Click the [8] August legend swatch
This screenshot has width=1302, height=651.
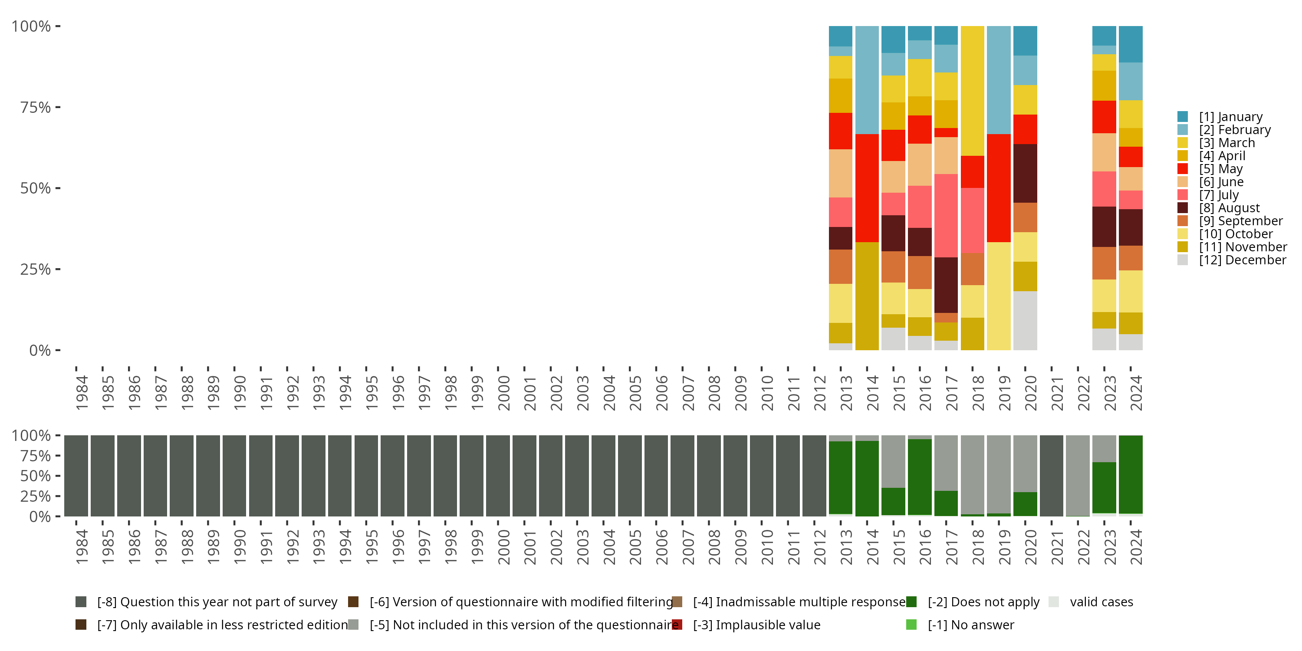[x=1182, y=208]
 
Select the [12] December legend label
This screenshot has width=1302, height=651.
[x=1243, y=260]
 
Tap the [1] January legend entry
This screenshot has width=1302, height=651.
[x=1230, y=117]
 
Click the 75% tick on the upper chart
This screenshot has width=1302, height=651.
[x=36, y=107]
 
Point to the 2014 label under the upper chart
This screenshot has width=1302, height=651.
[x=873, y=393]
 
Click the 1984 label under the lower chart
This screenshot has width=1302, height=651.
[x=82, y=547]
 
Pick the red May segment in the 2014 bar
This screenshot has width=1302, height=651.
[x=867, y=188]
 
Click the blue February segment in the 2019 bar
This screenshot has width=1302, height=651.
[x=999, y=80]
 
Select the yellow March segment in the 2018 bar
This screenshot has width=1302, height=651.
[x=973, y=91]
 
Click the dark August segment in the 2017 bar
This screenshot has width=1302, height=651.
[x=946, y=285]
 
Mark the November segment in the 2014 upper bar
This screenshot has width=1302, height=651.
[x=867, y=296]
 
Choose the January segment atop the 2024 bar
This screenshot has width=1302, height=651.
[x=1131, y=44]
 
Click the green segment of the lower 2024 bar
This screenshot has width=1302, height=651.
[x=1131, y=474]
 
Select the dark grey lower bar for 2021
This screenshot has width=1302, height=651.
[x=1051, y=476]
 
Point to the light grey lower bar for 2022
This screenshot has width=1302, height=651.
[x=1078, y=476]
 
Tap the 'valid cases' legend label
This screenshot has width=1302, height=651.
[x=1101, y=602]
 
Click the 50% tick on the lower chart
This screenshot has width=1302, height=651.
[x=36, y=476]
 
